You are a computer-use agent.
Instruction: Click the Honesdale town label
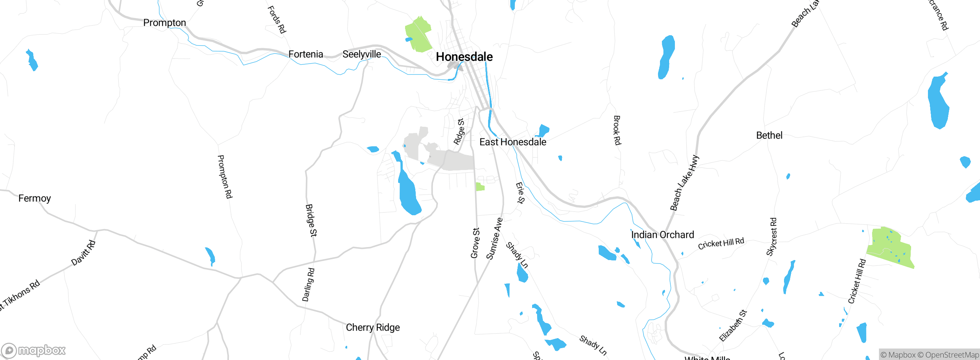(464, 57)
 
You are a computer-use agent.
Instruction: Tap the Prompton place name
(165, 23)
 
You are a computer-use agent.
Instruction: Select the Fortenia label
(305, 54)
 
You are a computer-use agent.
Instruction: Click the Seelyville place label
(361, 54)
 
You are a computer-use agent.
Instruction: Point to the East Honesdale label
(513, 142)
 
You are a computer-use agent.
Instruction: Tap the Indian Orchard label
(662, 235)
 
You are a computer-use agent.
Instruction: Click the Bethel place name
(769, 136)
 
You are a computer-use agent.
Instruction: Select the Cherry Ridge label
(372, 327)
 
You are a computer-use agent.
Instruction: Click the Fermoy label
(34, 198)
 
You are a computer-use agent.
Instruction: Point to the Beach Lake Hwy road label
(684, 183)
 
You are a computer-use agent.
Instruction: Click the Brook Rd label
(617, 130)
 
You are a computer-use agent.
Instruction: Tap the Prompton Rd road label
(225, 177)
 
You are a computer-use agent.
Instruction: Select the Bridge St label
(311, 220)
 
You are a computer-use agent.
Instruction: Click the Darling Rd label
(308, 285)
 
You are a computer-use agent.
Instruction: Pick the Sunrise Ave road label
(494, 239)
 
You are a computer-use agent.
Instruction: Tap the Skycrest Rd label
(771, 237)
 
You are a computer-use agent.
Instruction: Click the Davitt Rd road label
(83, 253)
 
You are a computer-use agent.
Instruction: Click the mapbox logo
(34, 350)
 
